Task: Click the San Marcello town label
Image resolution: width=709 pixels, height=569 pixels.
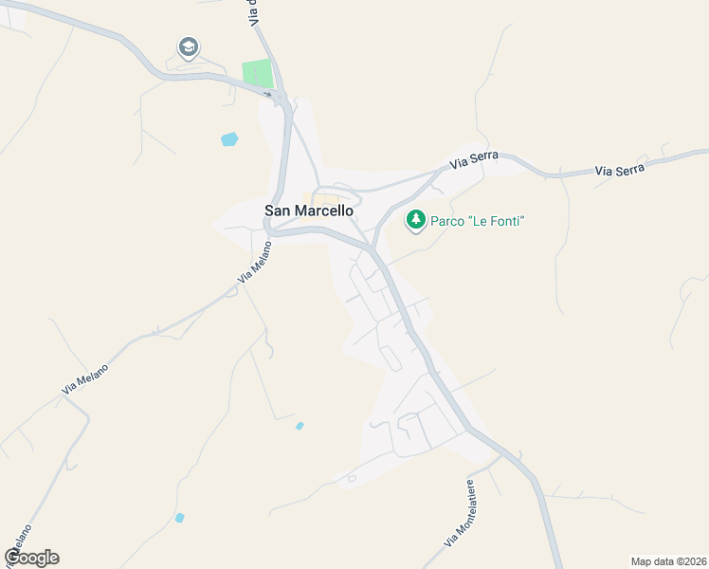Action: [x=308, y=211]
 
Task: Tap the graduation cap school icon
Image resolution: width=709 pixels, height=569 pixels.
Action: [x=188, y=46]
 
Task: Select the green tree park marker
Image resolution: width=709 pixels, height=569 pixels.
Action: [x=415, y=221]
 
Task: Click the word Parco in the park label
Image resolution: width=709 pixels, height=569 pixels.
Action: [x=449, y=221]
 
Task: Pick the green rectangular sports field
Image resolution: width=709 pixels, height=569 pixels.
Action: [x=257, y=74]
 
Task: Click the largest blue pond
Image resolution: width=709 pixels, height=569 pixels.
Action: [x=229, y=139]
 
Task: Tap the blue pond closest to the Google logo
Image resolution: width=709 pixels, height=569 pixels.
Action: [x=179, y=518]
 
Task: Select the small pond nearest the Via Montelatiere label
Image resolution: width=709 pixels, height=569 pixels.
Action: [x=300, y=426]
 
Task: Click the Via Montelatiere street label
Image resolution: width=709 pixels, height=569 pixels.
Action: [x=459, y=513]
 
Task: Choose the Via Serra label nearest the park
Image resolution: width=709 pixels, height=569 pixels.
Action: [x=474, y=162]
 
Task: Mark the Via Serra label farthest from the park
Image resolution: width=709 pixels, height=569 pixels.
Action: [x=620, y=170]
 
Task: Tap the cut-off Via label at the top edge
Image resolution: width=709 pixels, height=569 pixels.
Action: [x=253, y=11]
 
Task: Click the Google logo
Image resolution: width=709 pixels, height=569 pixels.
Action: [x=32, y=558]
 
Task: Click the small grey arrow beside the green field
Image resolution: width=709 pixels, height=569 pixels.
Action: [x=269, y=95]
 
